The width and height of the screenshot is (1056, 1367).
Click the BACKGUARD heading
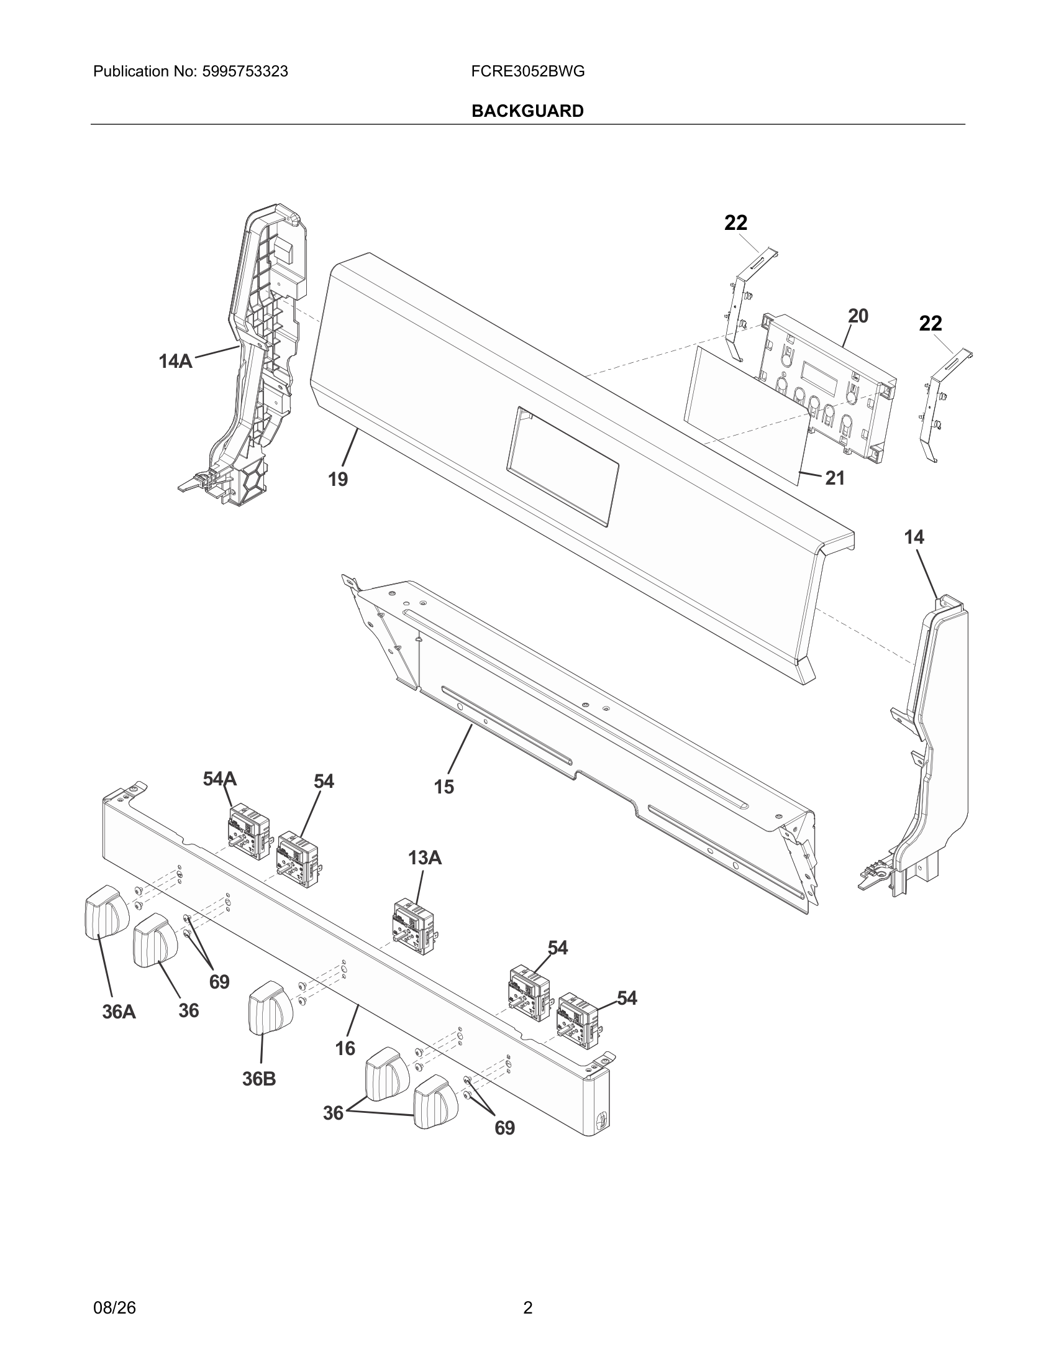click(x=527, y=111)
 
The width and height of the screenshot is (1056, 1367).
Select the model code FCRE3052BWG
click(x=528, y=71)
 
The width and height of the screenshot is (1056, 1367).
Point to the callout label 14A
click(x=175, y=361)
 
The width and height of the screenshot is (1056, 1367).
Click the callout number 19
click(x=338, y=480)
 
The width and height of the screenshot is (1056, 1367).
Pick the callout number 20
click(x=858, y=316)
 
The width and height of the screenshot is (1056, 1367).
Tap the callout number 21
click(x=834, y=478)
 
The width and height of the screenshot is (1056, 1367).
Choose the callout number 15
click(x=444, y=787)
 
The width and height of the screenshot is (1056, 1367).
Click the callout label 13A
click(x=425, y=857)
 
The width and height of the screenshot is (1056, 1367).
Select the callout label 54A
click(x=219, y=779)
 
